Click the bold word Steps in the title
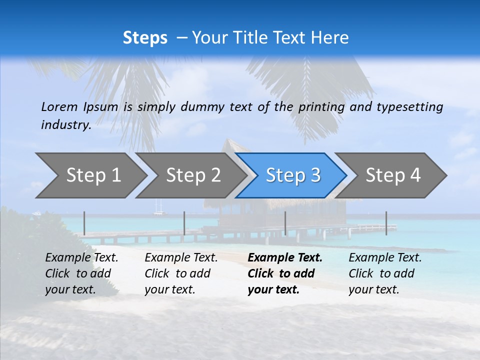click(145, 38)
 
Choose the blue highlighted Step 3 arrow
click(292, 175)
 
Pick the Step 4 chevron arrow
click(393, 175)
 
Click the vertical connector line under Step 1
click(84, 223)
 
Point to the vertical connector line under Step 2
click(184, 223)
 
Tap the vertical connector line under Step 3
click(285, 223)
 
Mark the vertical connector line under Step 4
click(386, 223)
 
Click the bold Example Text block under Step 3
click(285, 273)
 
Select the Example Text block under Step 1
click(81, 273)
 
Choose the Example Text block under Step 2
click(181, 273)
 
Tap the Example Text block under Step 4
click(385, 273)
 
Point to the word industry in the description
click(66, 125)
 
